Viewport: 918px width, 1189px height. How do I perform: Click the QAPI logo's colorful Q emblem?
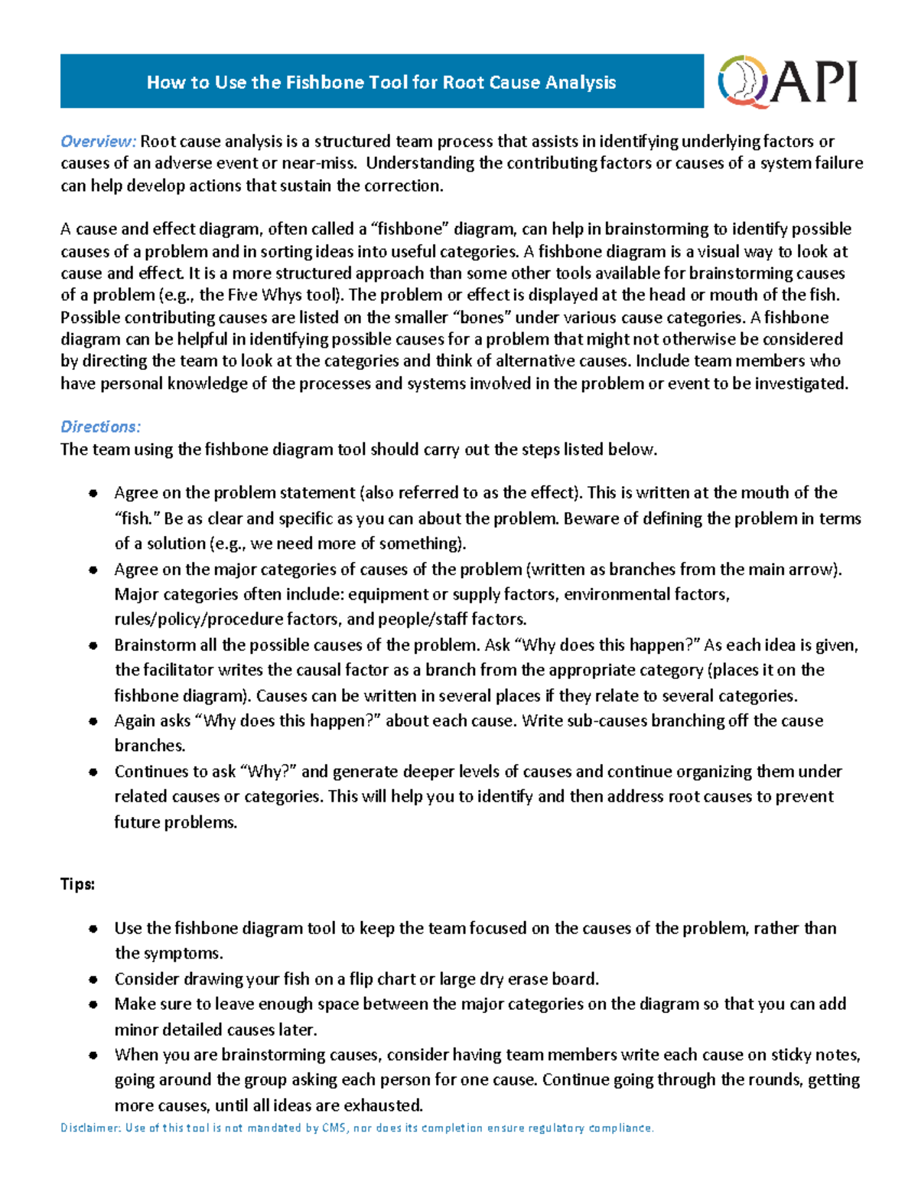pyautogui.click(x=743, y=81)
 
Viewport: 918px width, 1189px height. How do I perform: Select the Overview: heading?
pyautogui.click(x=98, y=142)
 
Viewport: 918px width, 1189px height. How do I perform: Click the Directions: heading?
pyautogui.click(x=100, y=427)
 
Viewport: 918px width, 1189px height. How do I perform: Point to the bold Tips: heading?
pyautogui.click(x=77, y=884)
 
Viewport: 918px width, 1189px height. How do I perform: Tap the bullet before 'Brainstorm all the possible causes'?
pyautogui.click(x=93, y=646)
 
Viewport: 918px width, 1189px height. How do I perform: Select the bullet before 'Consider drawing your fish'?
pyautogui.click(x=93, y=979)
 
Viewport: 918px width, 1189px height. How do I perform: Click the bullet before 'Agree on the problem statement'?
pyautogui.click(x=93, y=494)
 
